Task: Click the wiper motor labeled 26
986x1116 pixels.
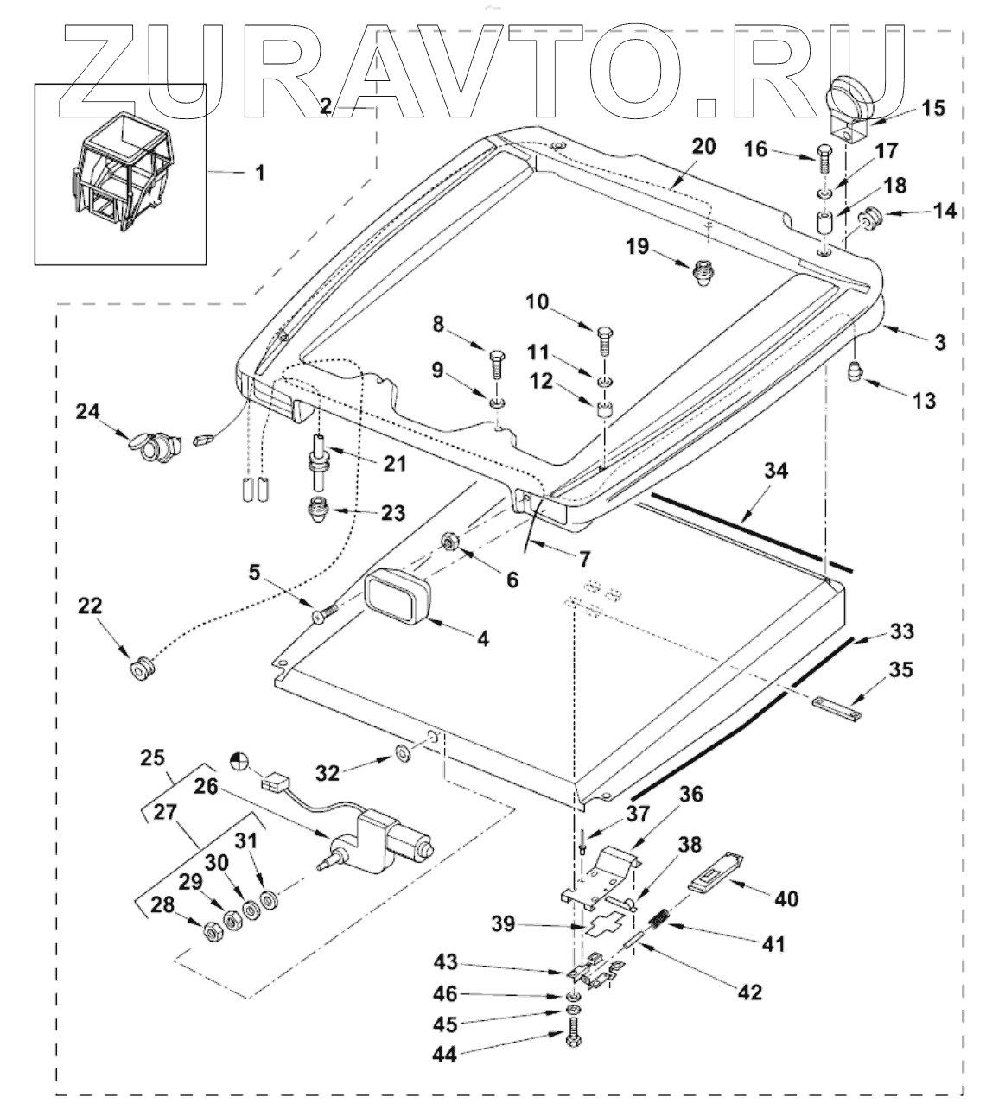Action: point(380,837)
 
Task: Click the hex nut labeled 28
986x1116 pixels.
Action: point(209,933)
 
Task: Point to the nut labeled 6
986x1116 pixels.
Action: point(449,542)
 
